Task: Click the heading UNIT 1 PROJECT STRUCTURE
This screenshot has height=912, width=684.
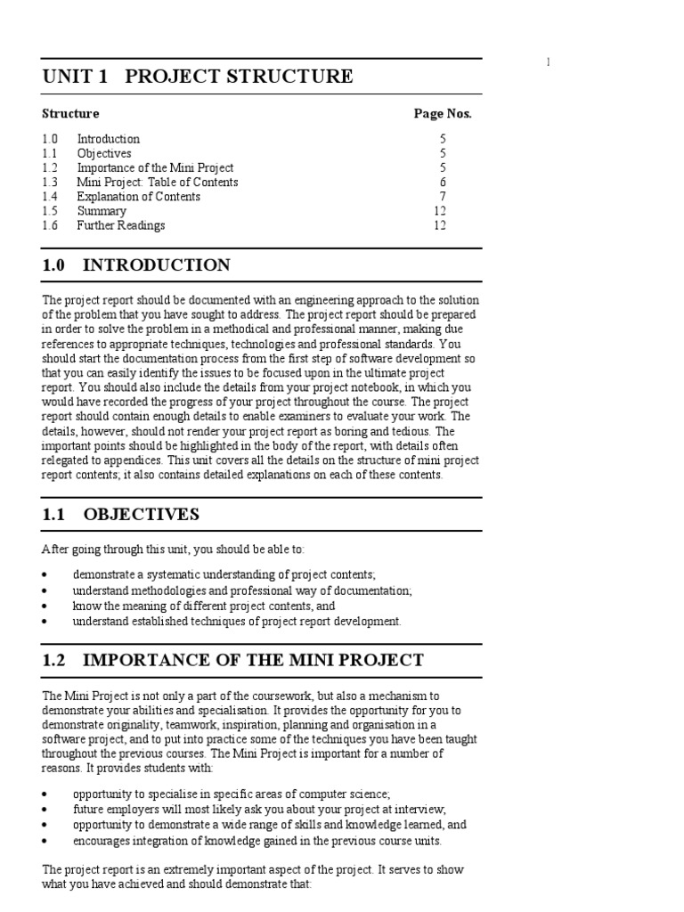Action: [198, 77]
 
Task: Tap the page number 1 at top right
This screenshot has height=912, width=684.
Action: [549, 61]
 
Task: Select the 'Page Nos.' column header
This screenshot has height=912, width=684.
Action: [443, 114]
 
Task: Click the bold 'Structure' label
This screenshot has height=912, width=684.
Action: [70, 114]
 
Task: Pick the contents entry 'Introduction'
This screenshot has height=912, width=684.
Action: [109, 139]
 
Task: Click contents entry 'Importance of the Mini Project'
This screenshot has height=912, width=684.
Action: [155, 167]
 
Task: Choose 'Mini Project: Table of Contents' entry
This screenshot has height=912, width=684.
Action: [158, 183]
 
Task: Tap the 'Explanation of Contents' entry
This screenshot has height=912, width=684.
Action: [138, 197]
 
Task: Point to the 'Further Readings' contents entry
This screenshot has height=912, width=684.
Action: [121, 225]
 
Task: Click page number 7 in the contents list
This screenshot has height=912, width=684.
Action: [442, 197]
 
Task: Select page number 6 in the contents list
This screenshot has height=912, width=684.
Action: [442, 183]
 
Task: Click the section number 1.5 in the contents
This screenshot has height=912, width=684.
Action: [49, 211]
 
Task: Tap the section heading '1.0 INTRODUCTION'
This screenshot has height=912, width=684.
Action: [136, 265]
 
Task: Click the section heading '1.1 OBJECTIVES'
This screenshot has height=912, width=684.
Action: [121, 515]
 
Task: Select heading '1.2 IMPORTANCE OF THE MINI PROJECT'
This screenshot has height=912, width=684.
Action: [233, 660]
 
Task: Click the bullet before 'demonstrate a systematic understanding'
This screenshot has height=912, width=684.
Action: [45, 575]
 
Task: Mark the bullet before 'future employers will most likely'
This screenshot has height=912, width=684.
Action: [45, 810]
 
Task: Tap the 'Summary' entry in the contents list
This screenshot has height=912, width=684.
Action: [102, 211]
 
